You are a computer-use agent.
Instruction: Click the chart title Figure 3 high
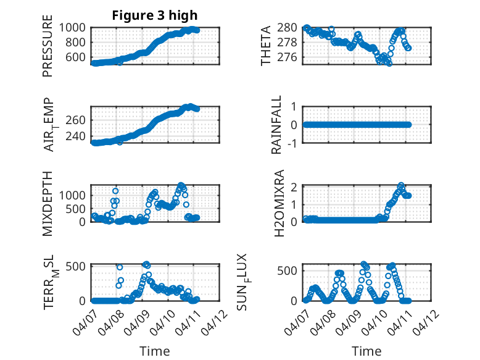pos(155,15)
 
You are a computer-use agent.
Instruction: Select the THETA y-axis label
pos(266,46)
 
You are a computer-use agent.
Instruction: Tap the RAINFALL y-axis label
pos(277,125)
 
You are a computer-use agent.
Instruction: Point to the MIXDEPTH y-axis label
pos(48,203)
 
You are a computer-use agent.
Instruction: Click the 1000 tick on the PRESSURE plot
pos(75,28)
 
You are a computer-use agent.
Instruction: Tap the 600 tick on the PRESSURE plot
pos(78,57)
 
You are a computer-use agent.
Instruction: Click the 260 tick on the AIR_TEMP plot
pos(78,119)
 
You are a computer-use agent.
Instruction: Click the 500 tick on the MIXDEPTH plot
pos(78,209)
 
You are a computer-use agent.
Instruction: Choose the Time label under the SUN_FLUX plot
pos(366,351)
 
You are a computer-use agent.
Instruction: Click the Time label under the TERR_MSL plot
pos(155,351)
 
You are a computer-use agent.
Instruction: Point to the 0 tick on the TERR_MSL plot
pos(85,301)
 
